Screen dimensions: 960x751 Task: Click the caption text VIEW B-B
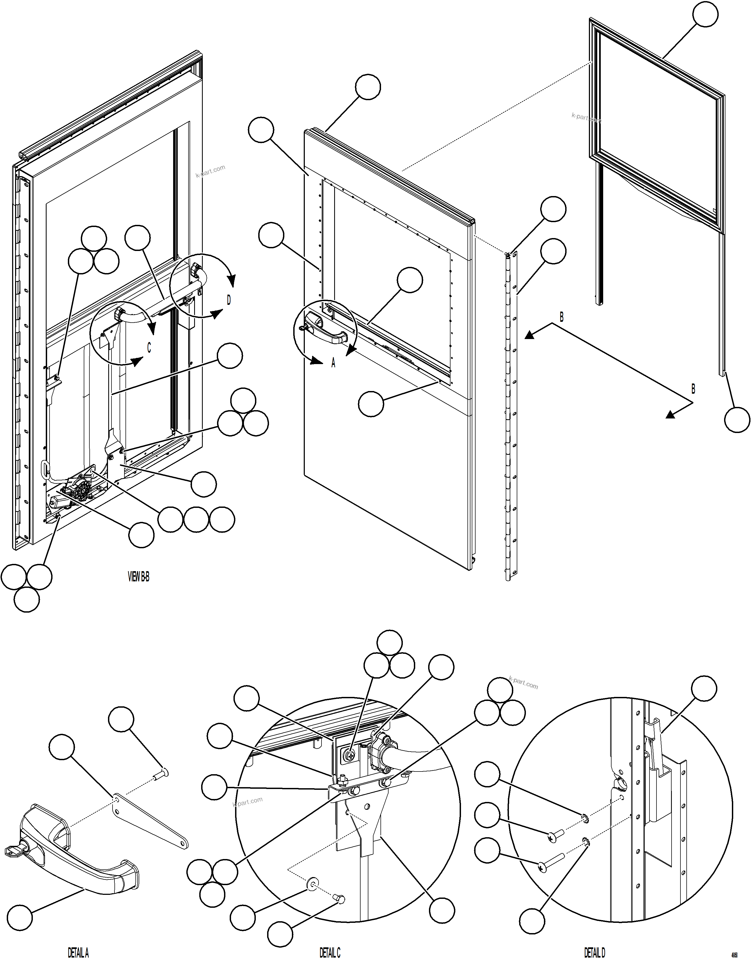138,577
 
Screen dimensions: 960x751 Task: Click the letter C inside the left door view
149,348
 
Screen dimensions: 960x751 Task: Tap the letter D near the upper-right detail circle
229,300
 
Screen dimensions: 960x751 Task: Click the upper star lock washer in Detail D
585,818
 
